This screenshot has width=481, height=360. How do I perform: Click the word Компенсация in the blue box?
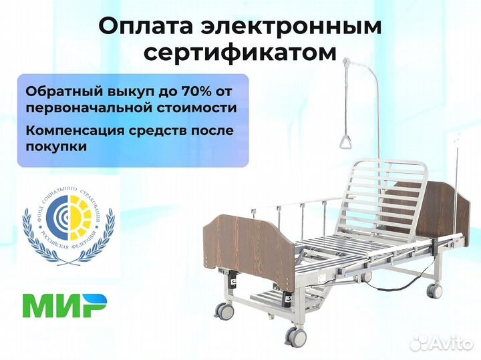[75, 130]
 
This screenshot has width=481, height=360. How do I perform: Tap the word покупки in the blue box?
[56, 146]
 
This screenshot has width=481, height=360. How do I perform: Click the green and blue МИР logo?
[64, 305]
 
